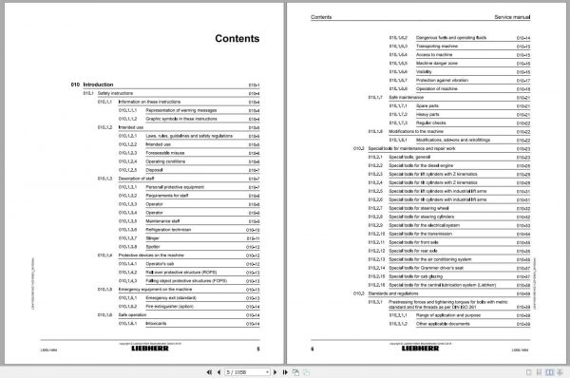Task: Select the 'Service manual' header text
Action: tap(519, 18)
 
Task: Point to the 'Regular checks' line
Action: tap(435, 122)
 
